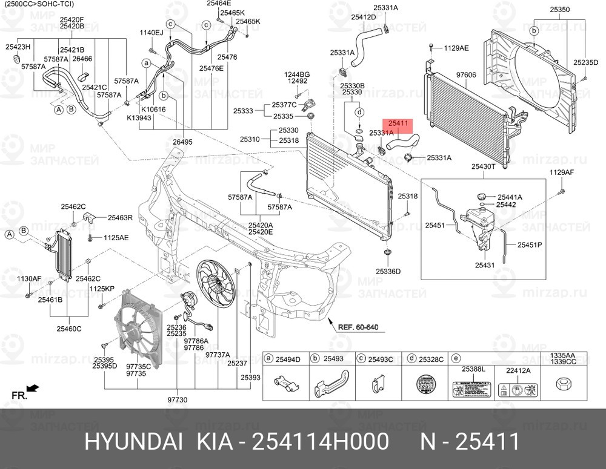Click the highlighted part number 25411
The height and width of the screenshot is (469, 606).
[399, 123]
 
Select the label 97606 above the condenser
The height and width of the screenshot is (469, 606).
[467, 74]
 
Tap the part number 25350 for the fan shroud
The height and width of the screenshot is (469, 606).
[559, 10]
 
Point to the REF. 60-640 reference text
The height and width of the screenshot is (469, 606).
[358, 327]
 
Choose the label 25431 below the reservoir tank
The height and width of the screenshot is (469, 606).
[485, 265]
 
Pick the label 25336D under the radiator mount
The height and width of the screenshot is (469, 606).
[388, 271]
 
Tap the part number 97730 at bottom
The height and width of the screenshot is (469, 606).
[178, 400]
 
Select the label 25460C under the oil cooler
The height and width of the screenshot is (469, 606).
[69, 329]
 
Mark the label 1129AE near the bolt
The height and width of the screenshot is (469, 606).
[456, 47]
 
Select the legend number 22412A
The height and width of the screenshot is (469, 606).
[518, 370]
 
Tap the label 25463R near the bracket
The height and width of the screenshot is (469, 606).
[120, 217]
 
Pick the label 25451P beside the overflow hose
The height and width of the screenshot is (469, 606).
[530, 245]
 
